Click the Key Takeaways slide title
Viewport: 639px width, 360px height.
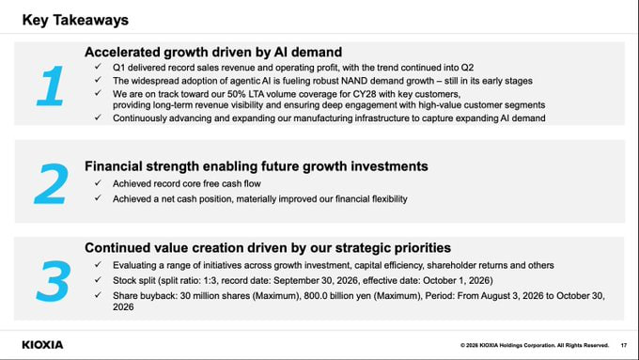[x=75, y=20]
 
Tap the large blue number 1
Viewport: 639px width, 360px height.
[x=51, y=86]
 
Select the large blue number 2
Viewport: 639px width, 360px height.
[x=52, y=183]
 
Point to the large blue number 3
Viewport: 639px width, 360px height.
[x=54, y=281]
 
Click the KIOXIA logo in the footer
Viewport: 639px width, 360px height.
[x=42, y=345]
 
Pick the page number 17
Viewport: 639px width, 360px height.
[x=624, y=345]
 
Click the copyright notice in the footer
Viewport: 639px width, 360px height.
[x=535, y=345]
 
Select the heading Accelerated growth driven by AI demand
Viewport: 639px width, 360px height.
[x=213, y=53]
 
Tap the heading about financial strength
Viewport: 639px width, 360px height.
[x=257, y=166]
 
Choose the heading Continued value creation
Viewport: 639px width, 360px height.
[x=268, y=248]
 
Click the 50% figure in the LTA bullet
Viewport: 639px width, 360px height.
[x=236, y=94]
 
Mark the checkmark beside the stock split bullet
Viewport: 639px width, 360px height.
[x=98, y=280]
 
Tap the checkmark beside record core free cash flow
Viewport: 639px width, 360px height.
[x=98, y=182]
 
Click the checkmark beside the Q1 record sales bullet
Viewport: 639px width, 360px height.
[x=98, y=67]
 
